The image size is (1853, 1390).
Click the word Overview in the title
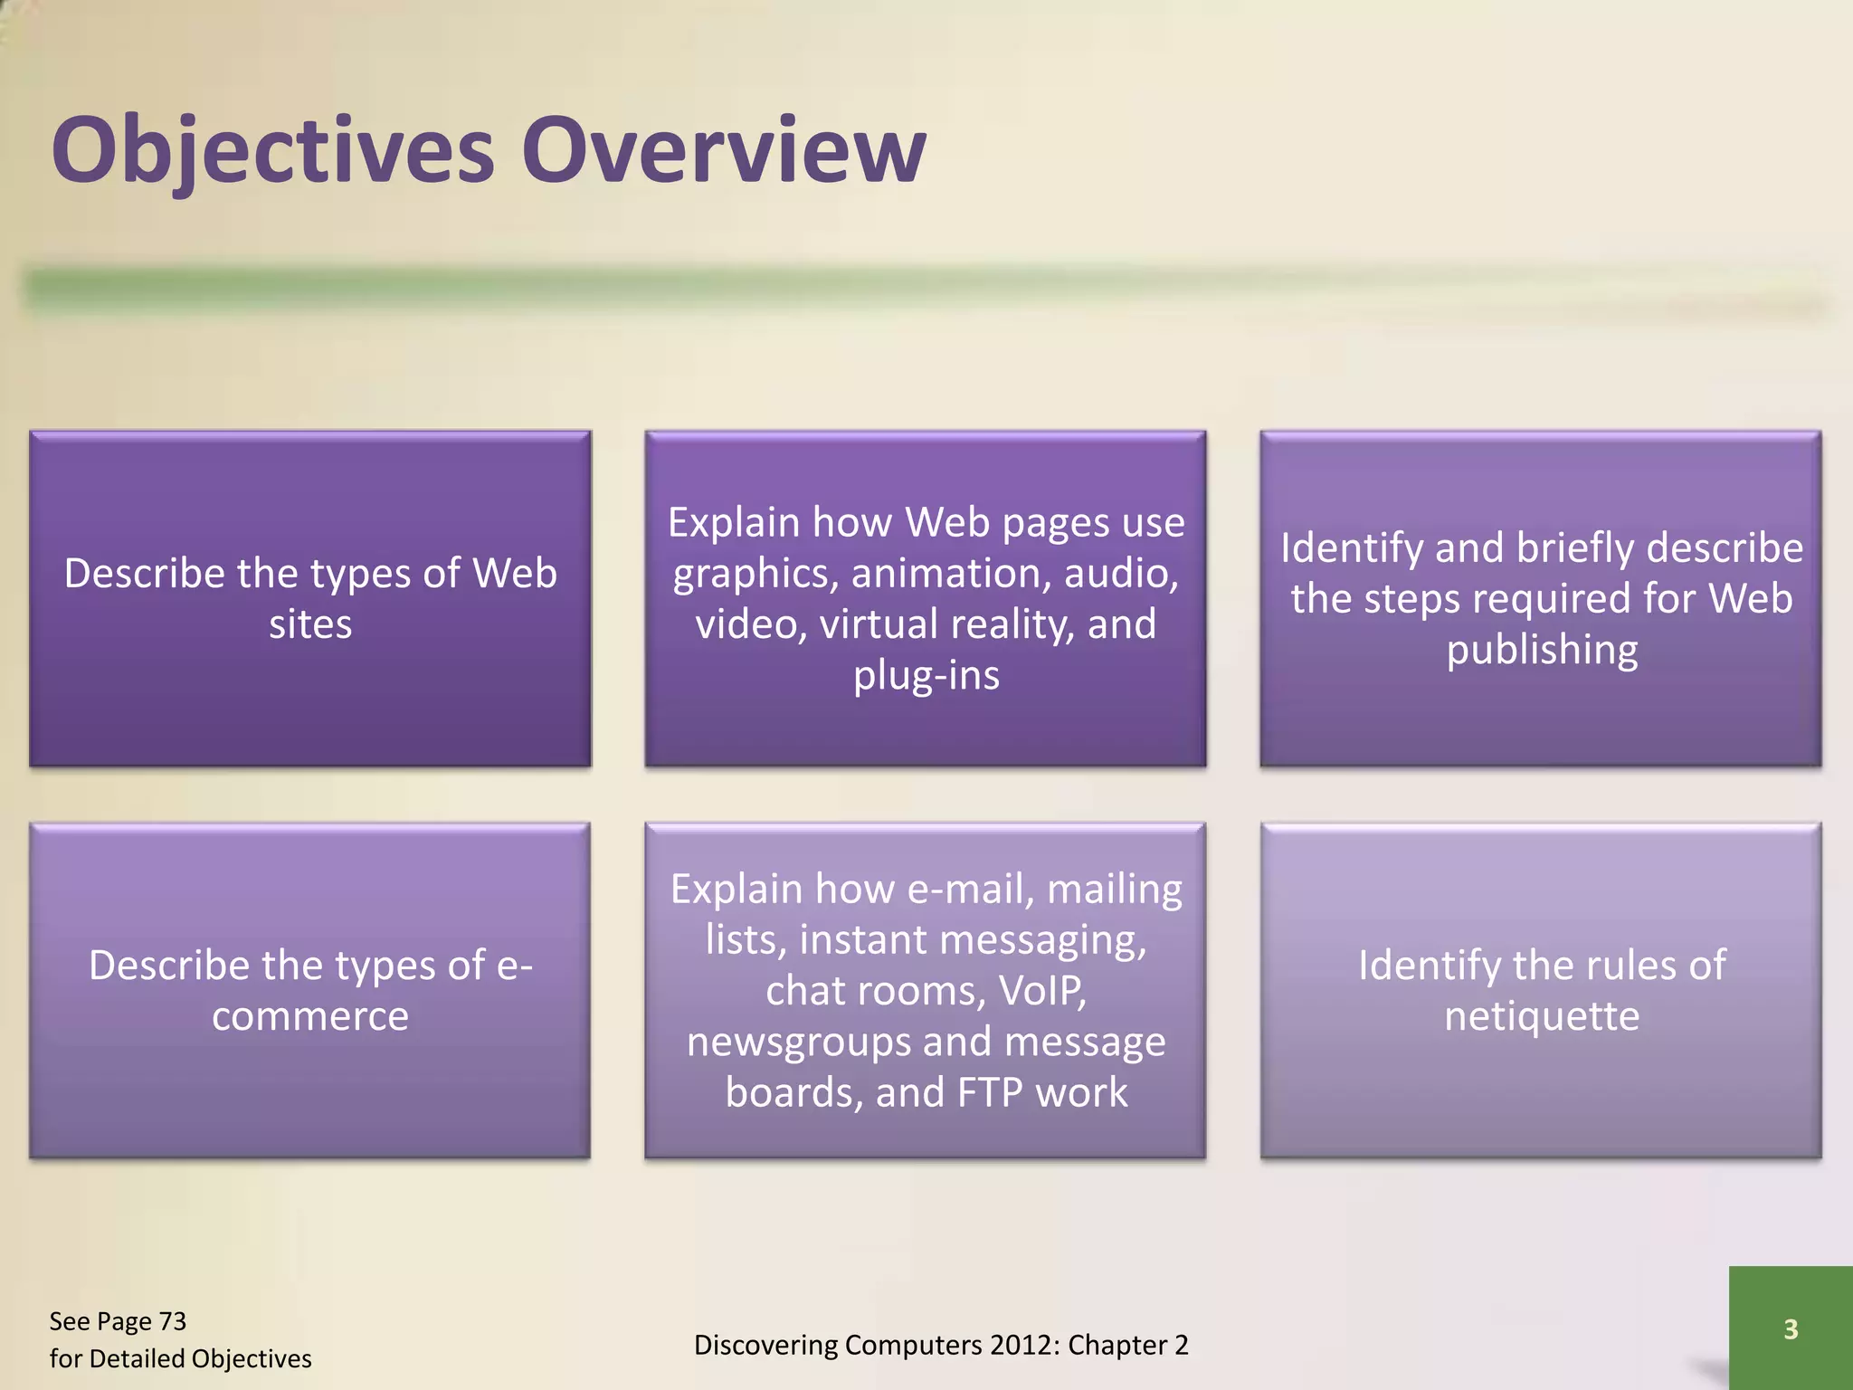click(724, 152)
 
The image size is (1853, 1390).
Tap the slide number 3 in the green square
click(1790, 1329)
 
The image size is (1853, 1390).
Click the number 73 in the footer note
click(172, 1322)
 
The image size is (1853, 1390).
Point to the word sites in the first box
click(310, 625)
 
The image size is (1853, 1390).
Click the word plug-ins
click(926, 676)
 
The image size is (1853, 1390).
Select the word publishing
click(1542, 651)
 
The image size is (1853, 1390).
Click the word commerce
click(310, 1017)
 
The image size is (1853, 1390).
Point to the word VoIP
click(1042, 992)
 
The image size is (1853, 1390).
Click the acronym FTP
click(990, 1093)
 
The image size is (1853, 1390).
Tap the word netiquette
click(1542, 1017)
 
